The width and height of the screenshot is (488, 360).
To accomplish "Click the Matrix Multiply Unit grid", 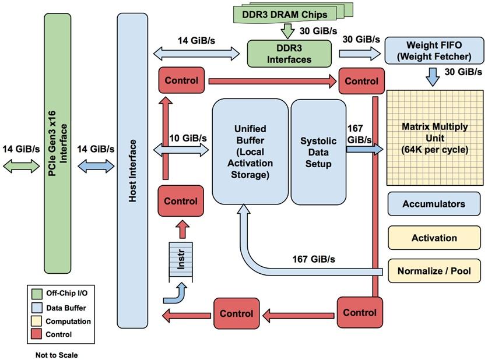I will (434, 137).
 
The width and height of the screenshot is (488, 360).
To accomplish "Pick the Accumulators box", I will (434, 204).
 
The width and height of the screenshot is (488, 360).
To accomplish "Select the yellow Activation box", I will (434, 238).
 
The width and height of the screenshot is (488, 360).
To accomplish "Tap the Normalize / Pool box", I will (434, 271).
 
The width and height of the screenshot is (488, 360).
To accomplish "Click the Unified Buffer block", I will (249, 151).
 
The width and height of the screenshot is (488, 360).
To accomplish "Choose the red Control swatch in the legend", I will (36, 334).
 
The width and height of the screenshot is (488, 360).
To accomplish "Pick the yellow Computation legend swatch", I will (36, 321).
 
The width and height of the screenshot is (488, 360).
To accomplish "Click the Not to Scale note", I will (56, 354).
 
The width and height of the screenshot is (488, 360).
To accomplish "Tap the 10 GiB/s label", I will (188, 138).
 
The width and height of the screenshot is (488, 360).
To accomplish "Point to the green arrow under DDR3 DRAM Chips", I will (288, 30).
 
